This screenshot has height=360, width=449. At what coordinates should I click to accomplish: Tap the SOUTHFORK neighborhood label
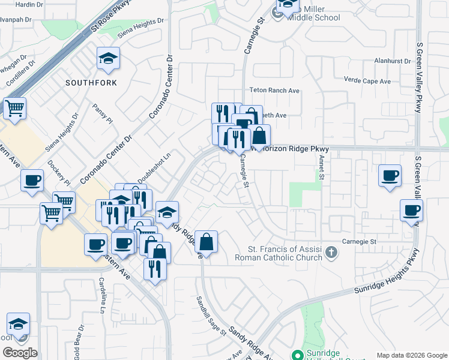pos(91,82)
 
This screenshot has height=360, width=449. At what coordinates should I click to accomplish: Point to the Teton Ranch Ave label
pos(274,91)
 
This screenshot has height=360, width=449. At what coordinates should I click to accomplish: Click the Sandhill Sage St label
pos(211,316)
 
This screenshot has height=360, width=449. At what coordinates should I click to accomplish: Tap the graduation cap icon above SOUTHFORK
pos(108,59)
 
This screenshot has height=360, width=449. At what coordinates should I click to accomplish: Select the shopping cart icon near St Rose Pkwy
pos(14,109)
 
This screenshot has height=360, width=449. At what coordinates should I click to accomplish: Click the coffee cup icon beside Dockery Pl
pos(32,180)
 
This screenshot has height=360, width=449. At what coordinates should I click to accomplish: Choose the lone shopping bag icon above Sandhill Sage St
pos(206,242)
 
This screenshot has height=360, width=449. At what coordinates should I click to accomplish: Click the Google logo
pos(20,353)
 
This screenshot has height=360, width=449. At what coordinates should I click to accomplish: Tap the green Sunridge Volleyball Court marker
pos(295,355)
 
